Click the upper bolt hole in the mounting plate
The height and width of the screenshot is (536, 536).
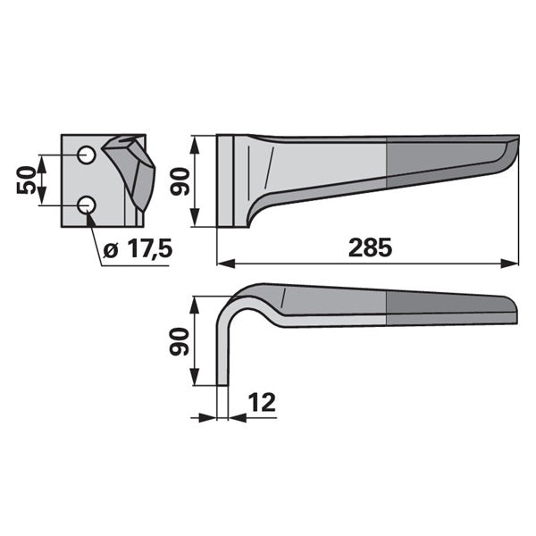point(86,155)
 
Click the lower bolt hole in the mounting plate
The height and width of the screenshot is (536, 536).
point(86,205)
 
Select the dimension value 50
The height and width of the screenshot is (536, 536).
point(26,180)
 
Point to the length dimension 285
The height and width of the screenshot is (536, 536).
point(370,247)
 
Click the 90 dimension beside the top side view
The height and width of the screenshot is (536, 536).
point(180,181)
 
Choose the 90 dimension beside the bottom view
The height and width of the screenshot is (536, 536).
point(180,342)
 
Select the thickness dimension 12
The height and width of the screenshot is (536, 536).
point(262,403)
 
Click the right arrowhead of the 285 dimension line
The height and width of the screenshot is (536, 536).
point(510,264)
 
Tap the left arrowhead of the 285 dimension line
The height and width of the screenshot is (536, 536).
point(226,264)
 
